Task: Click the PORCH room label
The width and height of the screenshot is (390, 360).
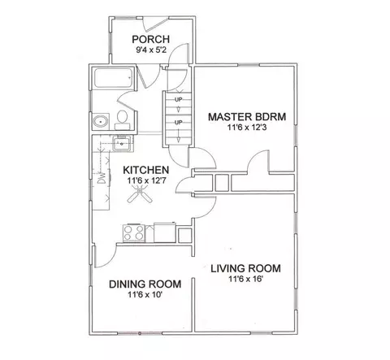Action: pyautogui.click(x=151, y=40)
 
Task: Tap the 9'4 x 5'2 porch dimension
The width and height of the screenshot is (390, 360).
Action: pyautogui.click(x=151, y=50)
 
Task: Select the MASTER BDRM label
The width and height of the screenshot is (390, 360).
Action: pyautogui.click(x=247, y=117)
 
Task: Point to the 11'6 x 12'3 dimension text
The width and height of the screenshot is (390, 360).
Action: pyautogui.click(x=247, y=127)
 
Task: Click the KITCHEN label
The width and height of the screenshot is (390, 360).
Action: pyautogui.click(x=146, y=170)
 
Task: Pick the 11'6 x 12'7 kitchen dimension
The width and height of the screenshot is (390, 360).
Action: pyautogui.click(x=146, y=180)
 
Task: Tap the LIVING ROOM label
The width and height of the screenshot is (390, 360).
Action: pyautogui.click(x=245, y=268)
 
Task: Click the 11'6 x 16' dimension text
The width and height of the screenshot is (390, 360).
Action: pyautogui.click(x=246, y=279)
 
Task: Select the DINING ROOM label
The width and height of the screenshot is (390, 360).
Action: pyautogui.click(x=145, y=284)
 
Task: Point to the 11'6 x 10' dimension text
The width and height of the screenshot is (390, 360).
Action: pyautogui.click(x=145, y=294)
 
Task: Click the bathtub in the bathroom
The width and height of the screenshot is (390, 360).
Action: pyautogui.click(x=113, y=77)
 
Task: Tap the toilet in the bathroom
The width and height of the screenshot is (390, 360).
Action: pyautogui.click(x=123, y=120)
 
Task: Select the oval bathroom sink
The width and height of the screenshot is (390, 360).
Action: pyautogui.click(x=101, y=121)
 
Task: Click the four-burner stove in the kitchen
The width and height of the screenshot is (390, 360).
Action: pyautogui.click(x=133, y=233)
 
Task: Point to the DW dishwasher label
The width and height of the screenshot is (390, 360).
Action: pyautogui.click(x=102, y=178)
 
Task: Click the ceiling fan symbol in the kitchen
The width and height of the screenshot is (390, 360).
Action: pyautogui.click(x=140, y=193)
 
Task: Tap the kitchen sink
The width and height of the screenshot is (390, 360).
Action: pyautogui.click(x=122, y=143)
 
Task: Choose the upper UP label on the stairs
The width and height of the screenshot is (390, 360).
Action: pyautogui.click(x=178, y=99)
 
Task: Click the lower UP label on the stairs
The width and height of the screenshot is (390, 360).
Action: pyautogui.click(x=178, y=123)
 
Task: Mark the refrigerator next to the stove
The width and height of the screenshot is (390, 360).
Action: pyautogui.click(x=165, y=232)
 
